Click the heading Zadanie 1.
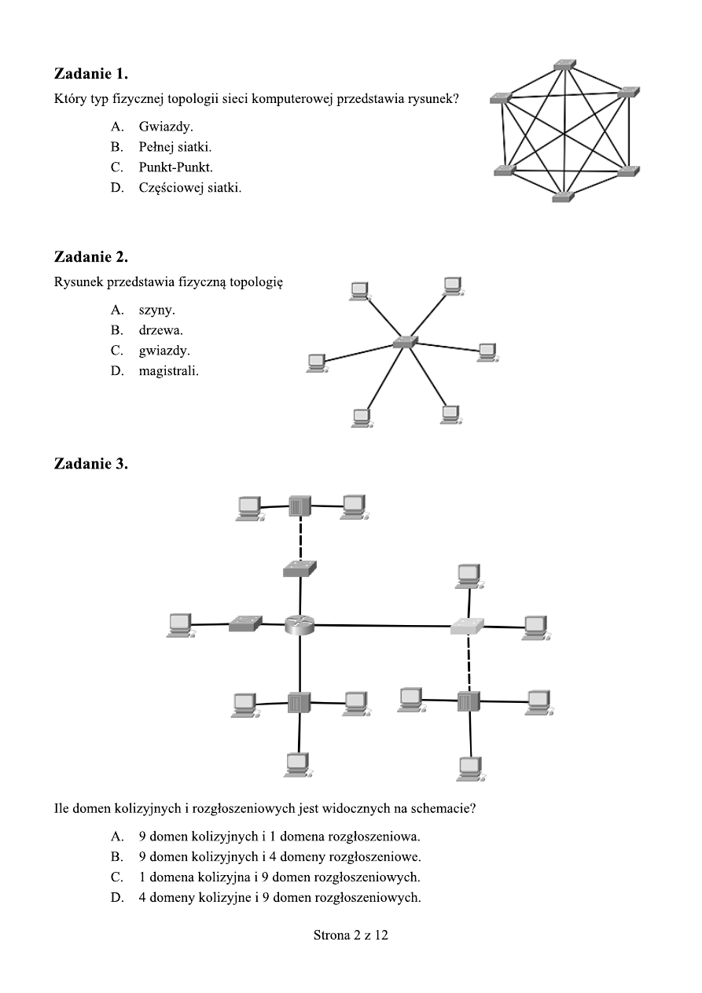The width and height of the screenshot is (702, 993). pos(90,74)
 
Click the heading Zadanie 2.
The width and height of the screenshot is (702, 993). pos(90,257)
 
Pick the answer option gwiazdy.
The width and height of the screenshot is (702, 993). pos(164,351)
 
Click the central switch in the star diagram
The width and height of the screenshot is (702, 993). pos(405,342)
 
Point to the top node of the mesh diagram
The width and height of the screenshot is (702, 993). pos(564,64)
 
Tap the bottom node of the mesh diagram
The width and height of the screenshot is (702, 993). pos(564,197)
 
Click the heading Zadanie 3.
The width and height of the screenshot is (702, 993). pos(90,464)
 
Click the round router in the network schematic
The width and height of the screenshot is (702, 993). pos(300,624)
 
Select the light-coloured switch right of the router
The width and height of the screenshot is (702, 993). pos(467,626)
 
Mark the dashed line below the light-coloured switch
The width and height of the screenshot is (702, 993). pos(469,663)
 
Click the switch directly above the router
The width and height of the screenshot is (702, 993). pos(300,568)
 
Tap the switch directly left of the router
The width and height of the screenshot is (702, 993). pos(244,624)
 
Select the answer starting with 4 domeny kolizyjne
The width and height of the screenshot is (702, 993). pos(279,897)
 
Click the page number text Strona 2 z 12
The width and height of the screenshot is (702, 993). pos(351,936)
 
